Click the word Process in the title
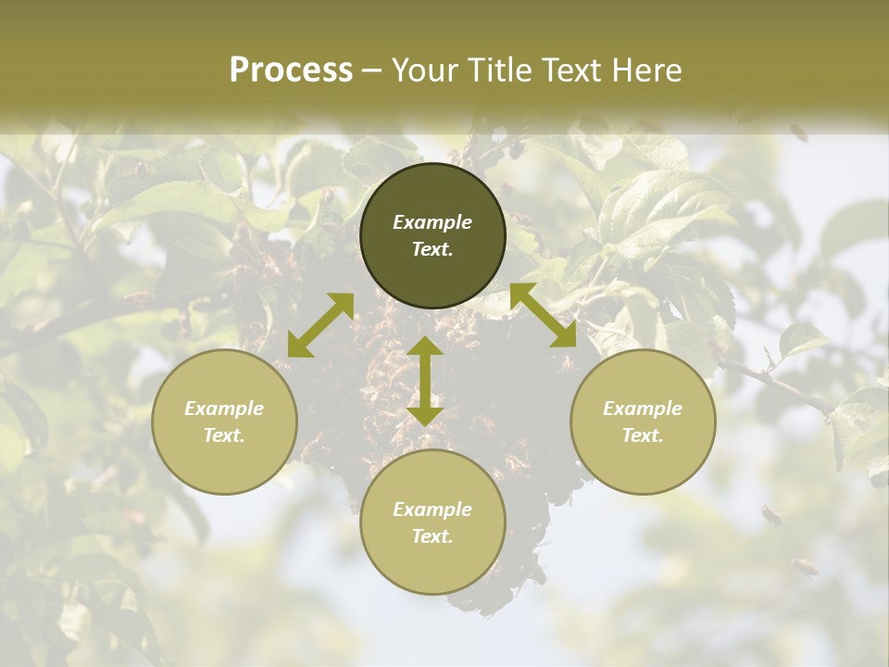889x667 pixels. click(x=291, y=70)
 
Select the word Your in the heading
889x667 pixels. click(x=425, y=70)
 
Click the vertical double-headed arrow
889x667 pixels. click(x=425, y=381)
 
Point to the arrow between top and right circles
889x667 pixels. click(x=543, y=315)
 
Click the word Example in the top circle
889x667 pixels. click(x=432, y=222)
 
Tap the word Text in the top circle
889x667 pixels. click(x=432, y=249)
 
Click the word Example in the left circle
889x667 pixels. click(x=224, y=409)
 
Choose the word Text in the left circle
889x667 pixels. click(x=224, y=435)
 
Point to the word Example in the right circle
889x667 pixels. click(x=643, y=409)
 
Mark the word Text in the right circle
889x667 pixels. click(x=643, y=435)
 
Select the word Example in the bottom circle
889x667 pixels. click(x=432, y=510)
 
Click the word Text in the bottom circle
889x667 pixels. click(x=432, y=536)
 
